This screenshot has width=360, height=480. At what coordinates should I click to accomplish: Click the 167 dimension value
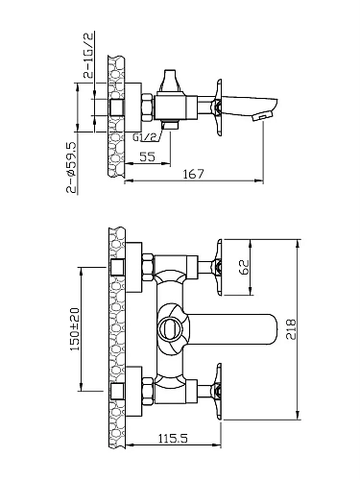click(193, 174)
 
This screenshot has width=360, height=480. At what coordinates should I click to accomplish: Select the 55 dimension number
click(148, 156)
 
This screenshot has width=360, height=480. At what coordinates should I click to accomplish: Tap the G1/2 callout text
click(145, 137)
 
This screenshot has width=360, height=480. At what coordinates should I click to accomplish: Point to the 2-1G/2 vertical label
click(88, 55)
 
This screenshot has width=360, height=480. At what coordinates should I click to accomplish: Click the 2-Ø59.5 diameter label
click(71, 168)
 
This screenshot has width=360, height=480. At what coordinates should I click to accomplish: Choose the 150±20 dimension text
click(75, 329)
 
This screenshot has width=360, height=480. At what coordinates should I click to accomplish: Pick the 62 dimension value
click(244, 267)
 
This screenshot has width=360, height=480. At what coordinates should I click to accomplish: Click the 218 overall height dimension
click(291, 329)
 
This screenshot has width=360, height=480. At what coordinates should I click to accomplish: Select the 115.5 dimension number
click(173, 439)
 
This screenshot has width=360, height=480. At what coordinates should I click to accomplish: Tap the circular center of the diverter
click(171, 328)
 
